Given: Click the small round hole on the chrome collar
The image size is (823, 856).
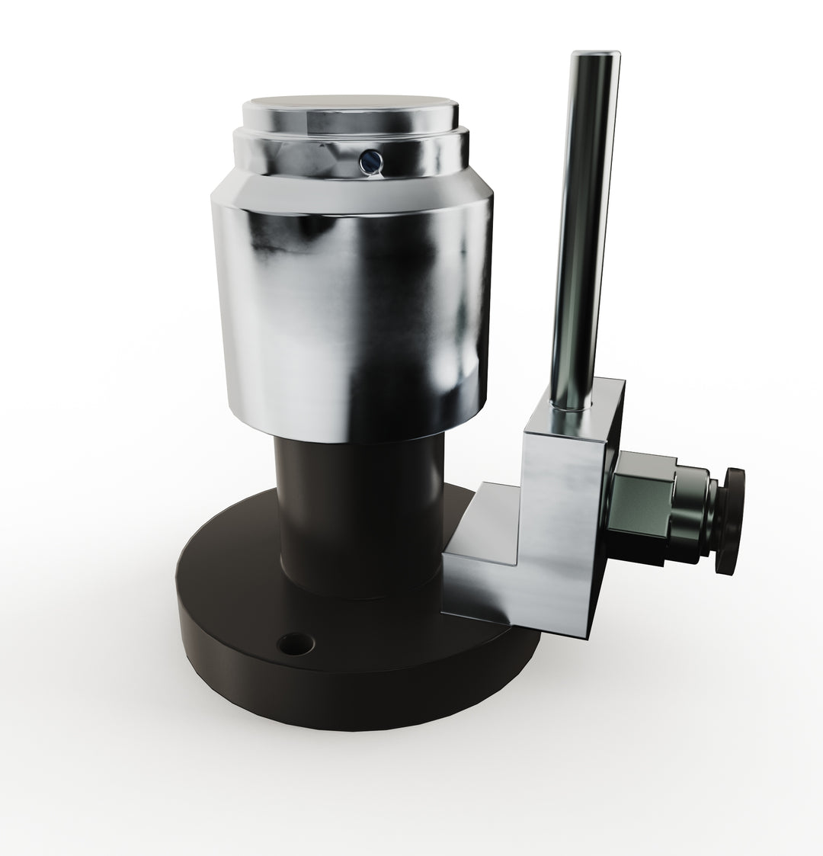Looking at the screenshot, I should coord(369,160).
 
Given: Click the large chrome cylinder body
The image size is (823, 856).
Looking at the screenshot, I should coord(351,305).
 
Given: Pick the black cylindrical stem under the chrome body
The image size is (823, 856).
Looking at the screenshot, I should coord(358,511).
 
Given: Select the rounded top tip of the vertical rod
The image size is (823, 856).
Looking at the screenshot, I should coord(597,56).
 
